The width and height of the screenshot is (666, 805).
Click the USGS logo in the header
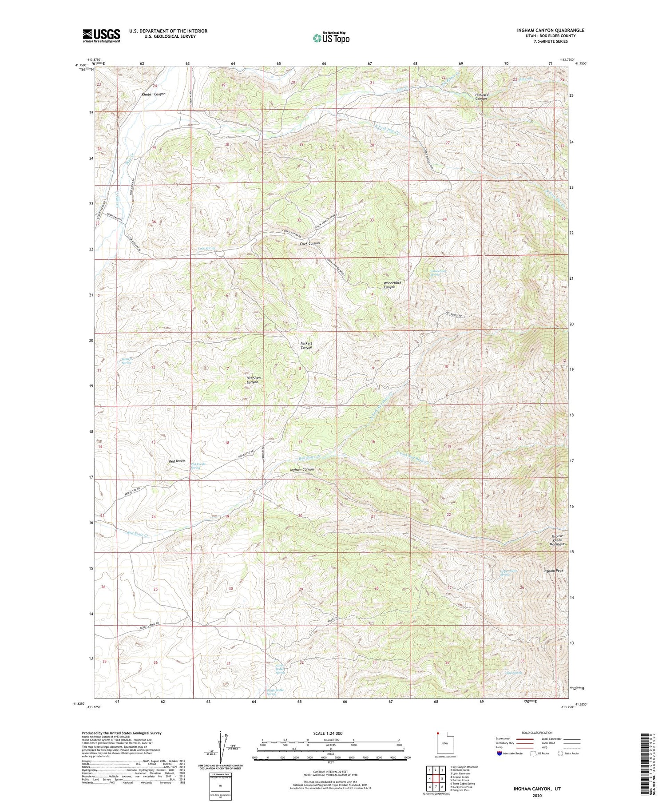click(x=101, y=36)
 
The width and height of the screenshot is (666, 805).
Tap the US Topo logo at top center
click(x=331, y=38)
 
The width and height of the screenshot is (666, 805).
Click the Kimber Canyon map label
click(x=153, y=94)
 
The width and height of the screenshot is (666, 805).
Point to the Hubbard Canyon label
click(x=481, y=97)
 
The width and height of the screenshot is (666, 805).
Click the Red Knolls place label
click(x=177, y=461)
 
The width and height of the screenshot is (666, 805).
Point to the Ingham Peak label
click(x=553, y=571)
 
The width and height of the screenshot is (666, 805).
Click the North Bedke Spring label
click(x=280, y=669)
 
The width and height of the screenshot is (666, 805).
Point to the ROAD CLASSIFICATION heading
click(x=537, y=733)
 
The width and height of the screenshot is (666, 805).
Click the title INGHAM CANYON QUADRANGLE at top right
click(x=550, y=30)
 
